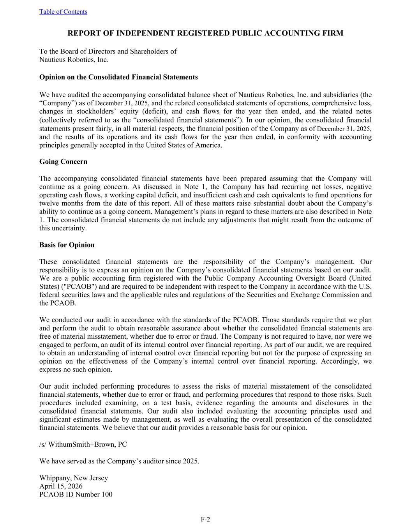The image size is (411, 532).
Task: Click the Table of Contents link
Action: pos(63,12)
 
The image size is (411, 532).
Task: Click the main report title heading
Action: pos(205,33)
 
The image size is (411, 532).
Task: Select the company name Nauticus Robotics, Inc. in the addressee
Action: pos(74,60)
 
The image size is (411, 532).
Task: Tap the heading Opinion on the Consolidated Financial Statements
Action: pos(118,77)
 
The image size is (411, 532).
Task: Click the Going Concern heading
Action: pos(63,161)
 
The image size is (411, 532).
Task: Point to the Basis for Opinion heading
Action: pos(67,245)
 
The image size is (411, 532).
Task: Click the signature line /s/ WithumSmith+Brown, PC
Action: pos(83,444)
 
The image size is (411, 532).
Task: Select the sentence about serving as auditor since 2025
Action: pos(119,461)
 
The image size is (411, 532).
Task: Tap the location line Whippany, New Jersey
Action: pos(74,478)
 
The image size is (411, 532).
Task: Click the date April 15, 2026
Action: pos(61,486)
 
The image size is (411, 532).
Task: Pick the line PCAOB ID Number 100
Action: pos(76,495)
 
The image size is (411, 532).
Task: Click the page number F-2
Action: pos(205,519)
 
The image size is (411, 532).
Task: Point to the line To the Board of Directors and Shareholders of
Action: pos(108,51)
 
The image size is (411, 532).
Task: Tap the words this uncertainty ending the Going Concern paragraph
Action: pos(62,228)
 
